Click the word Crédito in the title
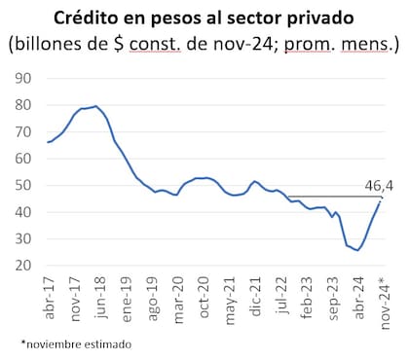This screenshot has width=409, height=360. point(87,18)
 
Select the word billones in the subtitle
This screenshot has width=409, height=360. point(57,44)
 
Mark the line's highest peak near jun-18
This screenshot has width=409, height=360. point(94,106)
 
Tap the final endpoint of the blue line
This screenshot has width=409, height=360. point(380,200)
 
